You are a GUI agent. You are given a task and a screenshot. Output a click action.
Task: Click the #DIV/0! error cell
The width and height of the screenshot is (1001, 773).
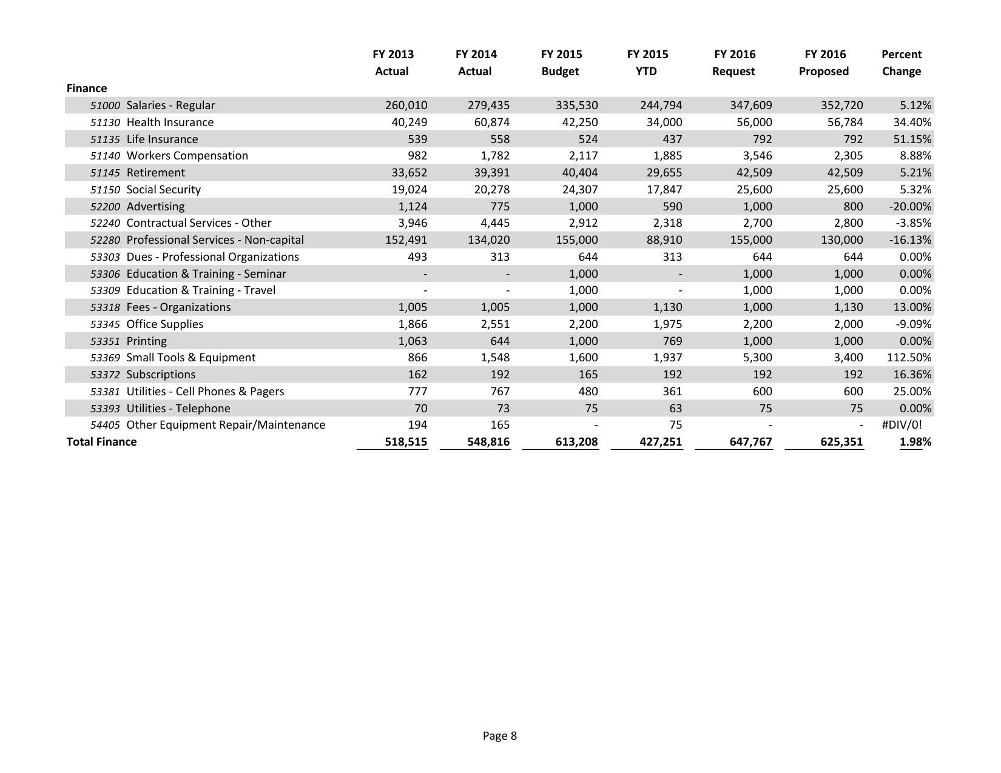pyautogui.click(x=902, y=425)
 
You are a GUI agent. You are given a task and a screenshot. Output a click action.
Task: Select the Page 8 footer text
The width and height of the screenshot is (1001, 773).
pyautogui.click(x=499, y=736)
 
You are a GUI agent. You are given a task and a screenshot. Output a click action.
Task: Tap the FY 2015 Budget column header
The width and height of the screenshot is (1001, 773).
pyautogui.click(x=561, y=62)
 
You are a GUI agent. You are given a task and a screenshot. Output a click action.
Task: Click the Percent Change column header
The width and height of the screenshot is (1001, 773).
pyautogui.click(x=901, y=62)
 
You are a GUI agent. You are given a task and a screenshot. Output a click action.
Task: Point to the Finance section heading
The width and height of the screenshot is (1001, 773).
pyautogui.click(x=87, y=89)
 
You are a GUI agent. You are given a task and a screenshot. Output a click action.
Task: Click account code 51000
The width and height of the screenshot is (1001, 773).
pyautogui.click(x=105, y=105)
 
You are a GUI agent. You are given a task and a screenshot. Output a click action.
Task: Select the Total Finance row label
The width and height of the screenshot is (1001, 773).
pyautogui.click(x=101, y=442)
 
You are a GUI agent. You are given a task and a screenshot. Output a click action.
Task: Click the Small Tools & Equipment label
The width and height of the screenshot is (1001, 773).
pyautogui.click(x=190, y=358)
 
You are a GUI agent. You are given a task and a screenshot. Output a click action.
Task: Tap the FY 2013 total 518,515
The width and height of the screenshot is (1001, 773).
pyautogui.click(x=406, y=442)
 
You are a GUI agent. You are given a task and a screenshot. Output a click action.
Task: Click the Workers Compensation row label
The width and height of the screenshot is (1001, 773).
pyautogui.click(x=187, y=156)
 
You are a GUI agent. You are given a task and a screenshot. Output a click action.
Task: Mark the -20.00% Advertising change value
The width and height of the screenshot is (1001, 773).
pyautogui.click(x=909, y=207)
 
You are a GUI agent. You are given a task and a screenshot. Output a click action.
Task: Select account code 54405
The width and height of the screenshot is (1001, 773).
pyautogui.click(x=105, y=425)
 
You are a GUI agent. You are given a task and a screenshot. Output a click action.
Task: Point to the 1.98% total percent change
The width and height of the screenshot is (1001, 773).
pyautogui.click(x=915, y=442)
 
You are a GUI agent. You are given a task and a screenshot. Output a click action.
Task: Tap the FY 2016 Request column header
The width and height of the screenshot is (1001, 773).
pyautogui.click(x=734, y=62)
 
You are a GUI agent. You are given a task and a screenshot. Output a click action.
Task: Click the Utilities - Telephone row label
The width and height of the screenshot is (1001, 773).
pyautogui.click(x=178, y=409)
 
